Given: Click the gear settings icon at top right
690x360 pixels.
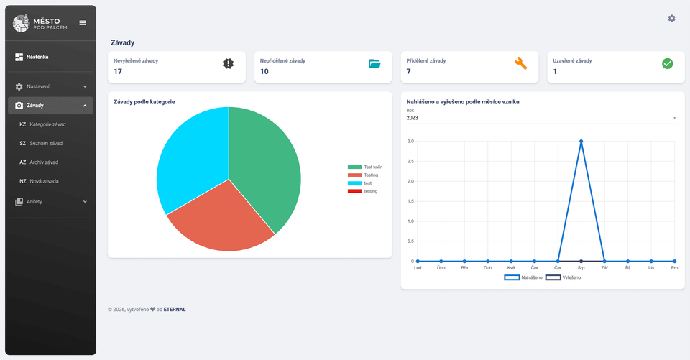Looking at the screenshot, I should tap(671, 19).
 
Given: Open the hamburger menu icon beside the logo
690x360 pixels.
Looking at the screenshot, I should tap(83, 23).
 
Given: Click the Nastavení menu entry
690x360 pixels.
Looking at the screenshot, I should tap(38, 86).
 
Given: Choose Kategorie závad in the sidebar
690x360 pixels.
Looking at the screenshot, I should tap(47, 124).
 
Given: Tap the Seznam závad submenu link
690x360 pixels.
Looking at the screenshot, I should tap(46, 143).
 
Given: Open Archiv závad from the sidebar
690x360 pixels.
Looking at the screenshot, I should tap(44, 162).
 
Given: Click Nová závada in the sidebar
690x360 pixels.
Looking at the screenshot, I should tap(44, 181).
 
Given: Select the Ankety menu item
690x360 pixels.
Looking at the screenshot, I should tap(34, 202).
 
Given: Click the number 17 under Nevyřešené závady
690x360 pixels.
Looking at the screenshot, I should tap(118, 72).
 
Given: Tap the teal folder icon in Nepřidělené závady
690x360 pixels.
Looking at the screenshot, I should tap(374, 63).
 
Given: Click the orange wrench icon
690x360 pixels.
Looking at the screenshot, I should tap(521, 63).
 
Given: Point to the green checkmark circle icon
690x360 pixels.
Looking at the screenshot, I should tap(667, 63).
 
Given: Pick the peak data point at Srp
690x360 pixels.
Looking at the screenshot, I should tap(581, 141).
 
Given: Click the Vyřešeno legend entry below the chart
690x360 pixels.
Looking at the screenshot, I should tap(563, 277).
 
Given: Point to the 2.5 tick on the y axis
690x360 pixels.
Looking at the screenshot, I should tap(410, 161).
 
